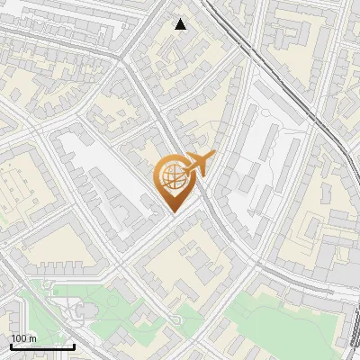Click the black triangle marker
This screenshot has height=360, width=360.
tap(181, 24)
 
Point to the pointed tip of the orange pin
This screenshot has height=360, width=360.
tap(173, 211)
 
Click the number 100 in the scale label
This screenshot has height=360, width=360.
tap(19, 338)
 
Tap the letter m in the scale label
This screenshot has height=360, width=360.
tap(31, 338)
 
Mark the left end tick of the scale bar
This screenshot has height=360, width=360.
tap(11, 345)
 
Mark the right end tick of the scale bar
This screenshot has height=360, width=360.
tap(74, 345)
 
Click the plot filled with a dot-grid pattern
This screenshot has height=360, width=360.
tap(20, 189)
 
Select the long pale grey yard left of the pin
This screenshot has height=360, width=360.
tap(103, 171)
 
